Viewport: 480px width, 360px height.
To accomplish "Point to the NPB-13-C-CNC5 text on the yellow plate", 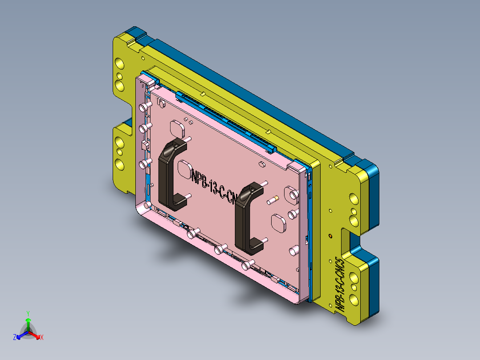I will [x=340, y=283].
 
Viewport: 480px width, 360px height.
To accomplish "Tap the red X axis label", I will [x=41, y=337].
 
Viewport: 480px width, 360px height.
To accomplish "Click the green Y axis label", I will [x=28, y=313].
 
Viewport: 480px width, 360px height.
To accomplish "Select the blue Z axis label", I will [x=15, y=337].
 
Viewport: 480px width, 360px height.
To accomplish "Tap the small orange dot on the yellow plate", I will [x=330, y=235].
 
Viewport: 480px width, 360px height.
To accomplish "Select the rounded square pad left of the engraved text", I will [x=184, y=168].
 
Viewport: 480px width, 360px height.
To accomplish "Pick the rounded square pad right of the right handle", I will [x=279, y=222].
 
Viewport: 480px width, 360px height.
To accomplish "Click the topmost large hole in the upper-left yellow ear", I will [x=119, y=65].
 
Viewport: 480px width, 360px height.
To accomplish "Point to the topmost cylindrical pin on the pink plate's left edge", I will [x=144, y=107].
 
